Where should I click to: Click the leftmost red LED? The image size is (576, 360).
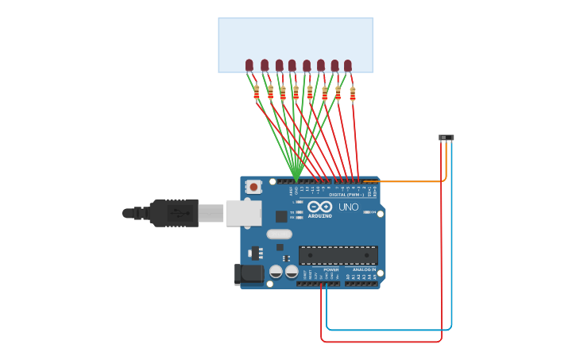pyautogui.click(x=249, y=65)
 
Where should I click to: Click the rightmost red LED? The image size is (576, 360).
pyautogui.click(x=348, y=65)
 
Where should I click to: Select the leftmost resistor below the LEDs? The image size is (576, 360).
pyautogui.click(x=257, y=93)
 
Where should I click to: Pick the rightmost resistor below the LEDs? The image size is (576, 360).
pyautogui.click(x=353, y=94)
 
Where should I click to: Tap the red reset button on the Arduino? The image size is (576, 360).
pyautogui.click(x=253, y=187)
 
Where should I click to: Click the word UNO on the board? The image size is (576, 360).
pyautogui.click(x=349, y=207)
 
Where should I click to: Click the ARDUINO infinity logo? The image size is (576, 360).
pyautogui.click(x=319, y=207)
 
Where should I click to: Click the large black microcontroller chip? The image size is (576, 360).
pyautogui.click(x=338, y=255)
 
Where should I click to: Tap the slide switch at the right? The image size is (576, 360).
pyautogui.click(x=446, y=137)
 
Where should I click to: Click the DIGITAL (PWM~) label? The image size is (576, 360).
pyautogui.click(x=346, y=195)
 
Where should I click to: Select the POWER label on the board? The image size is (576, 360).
pyautogui.click(x=331, y=269)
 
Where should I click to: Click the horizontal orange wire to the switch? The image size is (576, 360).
pyautogui.click(x=405, y=181)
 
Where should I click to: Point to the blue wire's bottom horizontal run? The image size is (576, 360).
pyautogui.click(x=389, y=330)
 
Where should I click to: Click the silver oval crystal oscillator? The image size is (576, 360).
pyautogui.click(x=279, y=234)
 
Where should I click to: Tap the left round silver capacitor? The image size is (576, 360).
pyautogui.click(x=276, y=271)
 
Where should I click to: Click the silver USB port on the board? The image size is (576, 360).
pyautogui.click(x=243, y=213)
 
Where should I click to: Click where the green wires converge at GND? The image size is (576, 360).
pyautogui.click(x=296, y=179)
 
